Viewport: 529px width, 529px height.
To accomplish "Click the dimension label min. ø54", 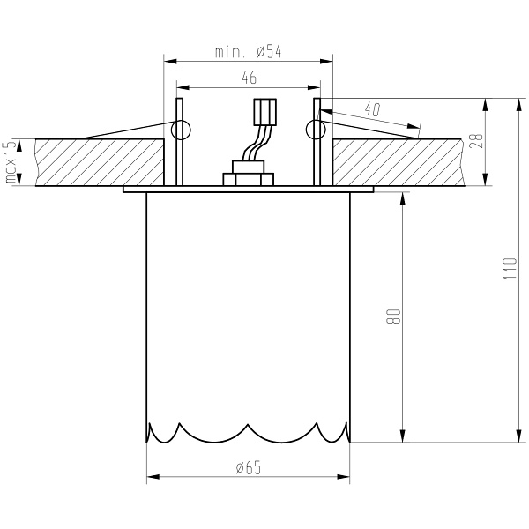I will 248,52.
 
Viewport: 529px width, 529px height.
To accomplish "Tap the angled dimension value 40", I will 371,110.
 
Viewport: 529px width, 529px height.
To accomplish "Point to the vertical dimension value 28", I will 476,142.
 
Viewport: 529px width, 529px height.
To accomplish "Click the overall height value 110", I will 508,268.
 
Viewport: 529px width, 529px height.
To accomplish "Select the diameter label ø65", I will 249,468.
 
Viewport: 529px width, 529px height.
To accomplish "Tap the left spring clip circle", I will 181,131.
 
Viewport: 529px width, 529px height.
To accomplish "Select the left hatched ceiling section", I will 97,162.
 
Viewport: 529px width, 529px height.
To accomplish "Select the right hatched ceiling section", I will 397,162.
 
